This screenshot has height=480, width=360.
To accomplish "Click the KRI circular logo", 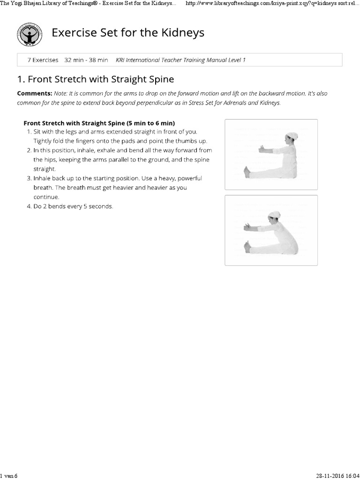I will [x=30, y=34].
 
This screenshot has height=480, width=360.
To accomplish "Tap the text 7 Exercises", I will [x=43, y=60].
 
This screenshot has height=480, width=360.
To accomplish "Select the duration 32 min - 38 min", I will [x=86, y=60].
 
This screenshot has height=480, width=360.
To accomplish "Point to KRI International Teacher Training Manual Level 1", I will [x=180, y=60].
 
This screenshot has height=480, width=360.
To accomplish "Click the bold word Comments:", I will [x=34, y=93].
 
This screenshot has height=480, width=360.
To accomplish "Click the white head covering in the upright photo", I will [x=290, y=136].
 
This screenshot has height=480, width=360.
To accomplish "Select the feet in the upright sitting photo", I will [x=247, y=172].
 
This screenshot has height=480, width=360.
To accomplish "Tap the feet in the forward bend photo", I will [x=247, y=247].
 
